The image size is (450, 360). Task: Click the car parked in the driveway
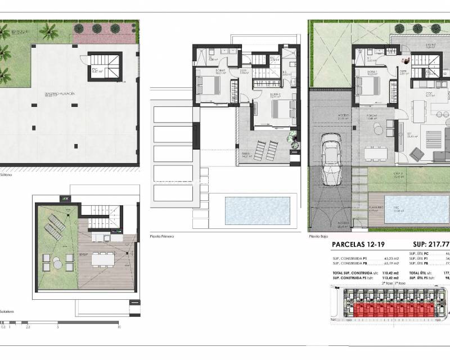[x=331, y=162]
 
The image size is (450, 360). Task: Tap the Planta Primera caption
[x=163, y=237]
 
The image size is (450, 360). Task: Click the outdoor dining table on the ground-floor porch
[x=375, y=152]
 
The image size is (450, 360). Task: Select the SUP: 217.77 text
[x=431, y=245]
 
